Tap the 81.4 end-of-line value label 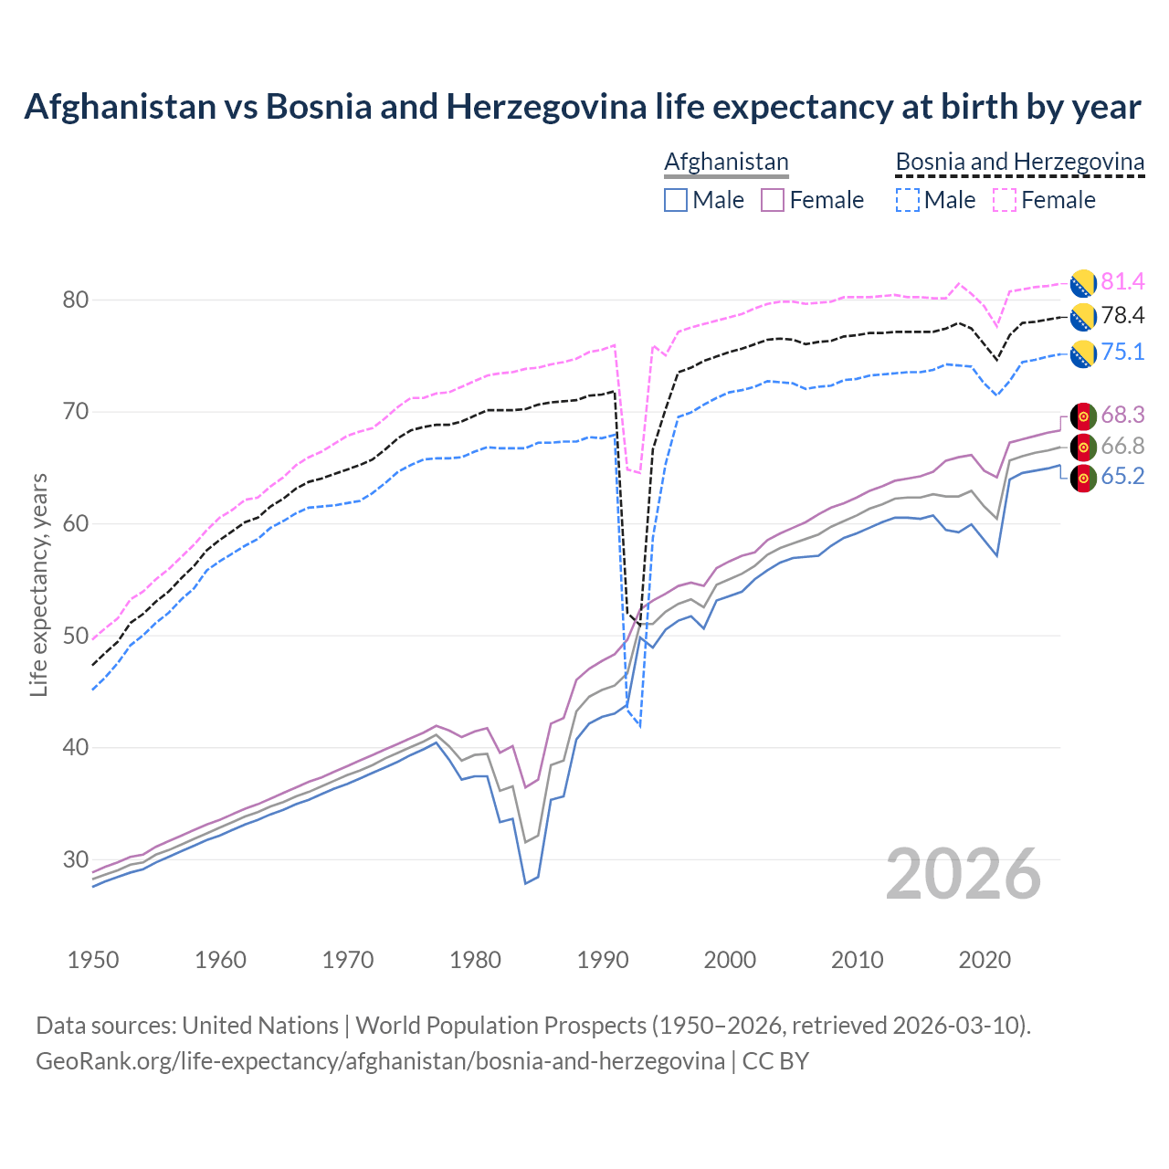[x=1122, y=281]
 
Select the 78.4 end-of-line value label [x=1122, y=316]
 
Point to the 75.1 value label [x=1122, y=353]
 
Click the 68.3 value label [x=1122, y=415]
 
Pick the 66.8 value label [x=1122, y=446]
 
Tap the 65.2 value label [x=1122, y=477]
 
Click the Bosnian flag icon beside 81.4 [x=1083, y=283]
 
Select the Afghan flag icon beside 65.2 [x=1083, y=478]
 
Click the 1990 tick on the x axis [x=603, y=960]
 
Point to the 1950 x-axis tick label [x=94, y=960]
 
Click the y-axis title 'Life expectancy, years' [x=39, y=584]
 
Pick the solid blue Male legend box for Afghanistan [x=676, y=200]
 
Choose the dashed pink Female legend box [x=1005, y=200]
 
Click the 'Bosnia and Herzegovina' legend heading [x=1019, y=162]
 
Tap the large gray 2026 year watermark [x=964, y=874]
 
